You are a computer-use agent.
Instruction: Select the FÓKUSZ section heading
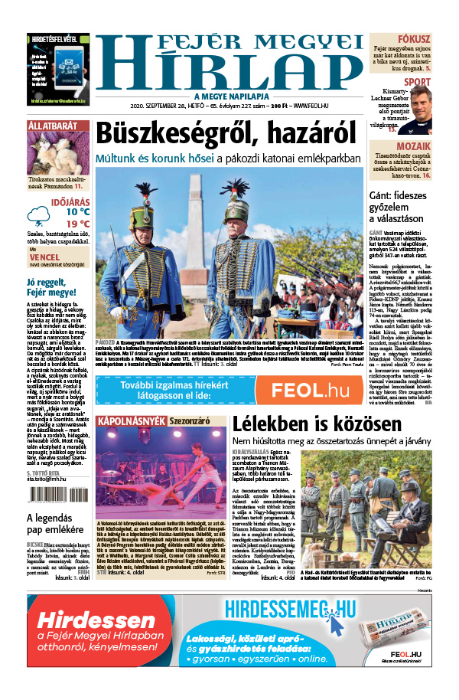(413, 38)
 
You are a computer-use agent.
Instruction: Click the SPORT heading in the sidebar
(417, 82)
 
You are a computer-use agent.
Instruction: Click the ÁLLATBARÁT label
(51, 124)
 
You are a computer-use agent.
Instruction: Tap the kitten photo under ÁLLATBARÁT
(56, 154)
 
